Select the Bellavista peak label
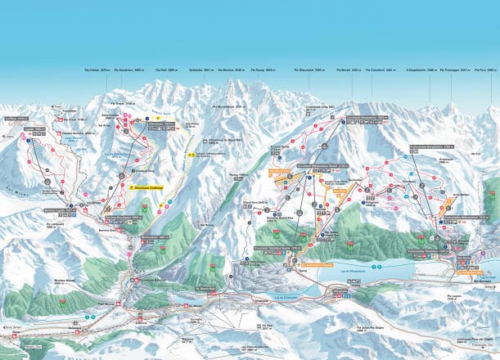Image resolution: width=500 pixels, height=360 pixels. (x=201, y=73)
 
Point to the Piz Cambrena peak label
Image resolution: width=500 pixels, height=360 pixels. (x=131, y=73)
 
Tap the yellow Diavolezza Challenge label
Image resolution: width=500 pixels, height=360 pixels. (x=145, y=187)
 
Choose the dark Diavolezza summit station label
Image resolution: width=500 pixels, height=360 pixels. (x=160, y=119)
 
